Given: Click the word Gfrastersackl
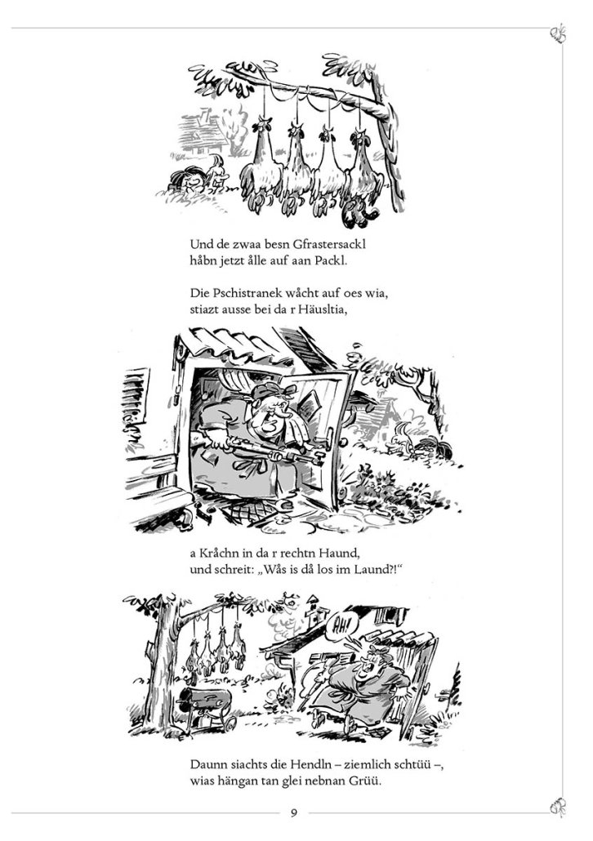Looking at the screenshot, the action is [329, 245].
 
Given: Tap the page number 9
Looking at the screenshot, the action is [293, 812].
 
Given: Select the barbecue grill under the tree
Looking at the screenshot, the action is [206, 708].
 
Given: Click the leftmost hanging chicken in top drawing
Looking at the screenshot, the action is [261, 162].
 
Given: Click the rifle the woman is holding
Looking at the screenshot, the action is [257, 448].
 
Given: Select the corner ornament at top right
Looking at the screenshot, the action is [558, 33].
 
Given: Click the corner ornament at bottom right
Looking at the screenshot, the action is [558, 806].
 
